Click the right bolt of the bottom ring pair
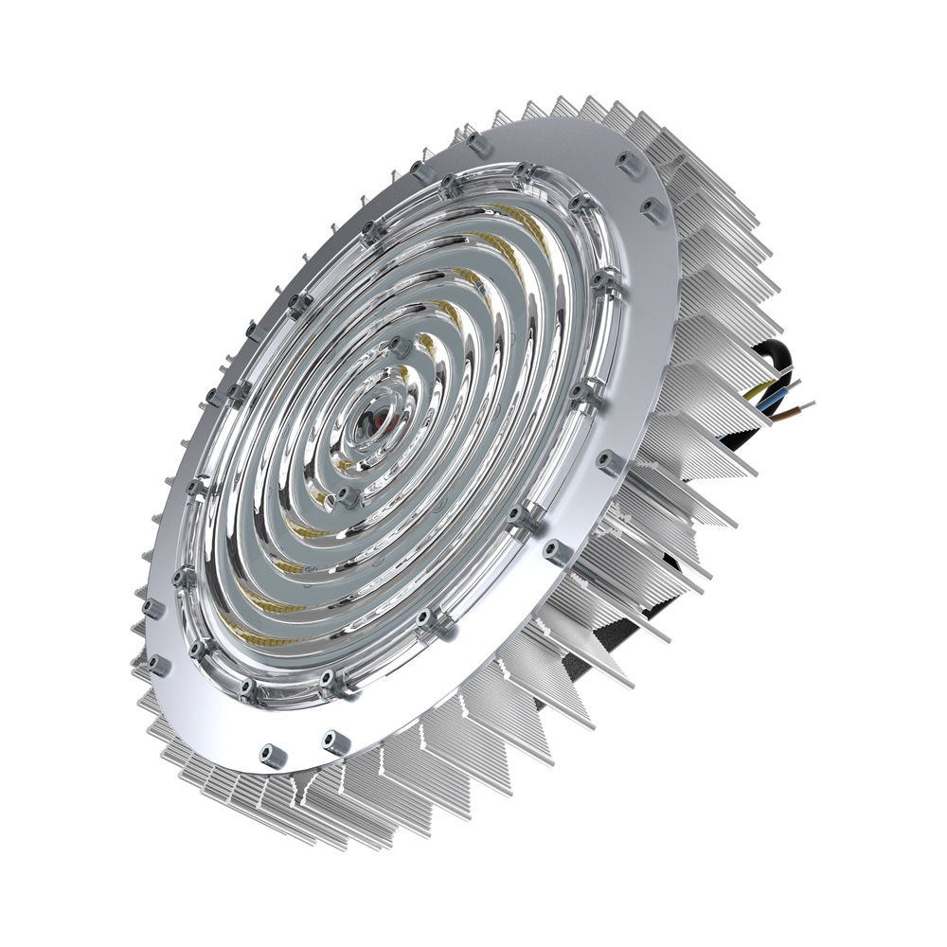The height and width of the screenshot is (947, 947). pyautogui.click(x=331, y=739)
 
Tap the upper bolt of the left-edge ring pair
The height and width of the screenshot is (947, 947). pyautogui.click(x=152, y=606)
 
